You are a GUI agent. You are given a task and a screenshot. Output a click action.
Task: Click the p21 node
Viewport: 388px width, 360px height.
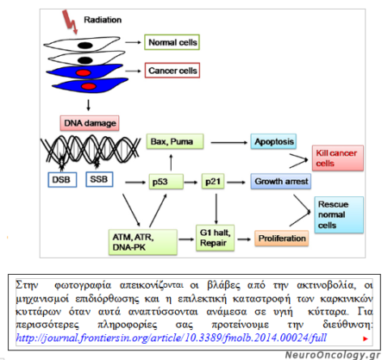212,182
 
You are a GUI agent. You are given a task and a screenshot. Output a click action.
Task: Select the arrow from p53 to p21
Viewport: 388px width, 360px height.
189,182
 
